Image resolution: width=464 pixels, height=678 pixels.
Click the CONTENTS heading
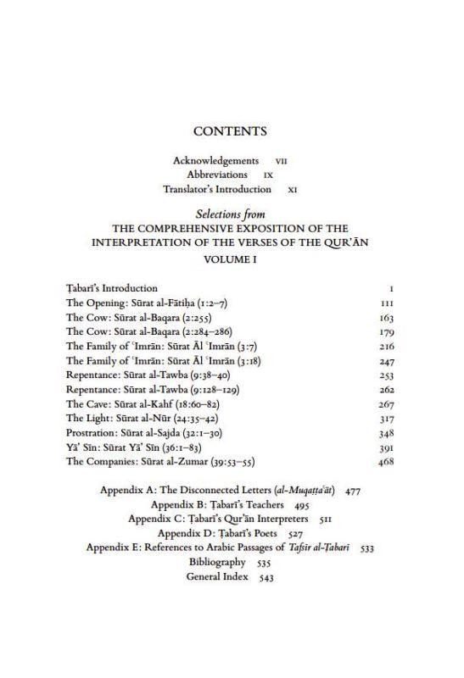230,131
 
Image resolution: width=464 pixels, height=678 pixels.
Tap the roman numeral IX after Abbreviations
267,175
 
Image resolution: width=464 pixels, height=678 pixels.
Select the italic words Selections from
230,215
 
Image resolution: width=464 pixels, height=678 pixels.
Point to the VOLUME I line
230,259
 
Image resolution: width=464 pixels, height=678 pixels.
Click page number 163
386,318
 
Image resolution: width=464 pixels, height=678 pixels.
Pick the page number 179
386,332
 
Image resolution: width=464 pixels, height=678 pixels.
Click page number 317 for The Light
386,419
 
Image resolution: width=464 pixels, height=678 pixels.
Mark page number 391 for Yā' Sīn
386,447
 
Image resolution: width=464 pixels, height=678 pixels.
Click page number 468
386,462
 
